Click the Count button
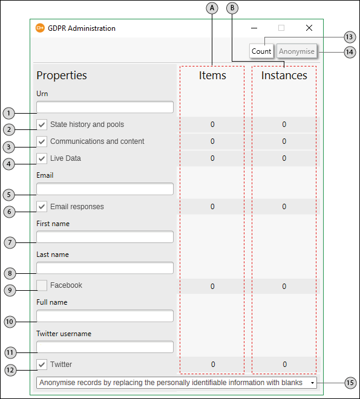[x=261, y=51]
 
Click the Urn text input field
[x=105, y=107]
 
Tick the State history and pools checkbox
[x=42, y=125]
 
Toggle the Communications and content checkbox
[x=42, y=141]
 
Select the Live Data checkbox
[x=42, y=158]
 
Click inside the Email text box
[x=105, y=189]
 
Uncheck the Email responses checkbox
[x=42, y=207]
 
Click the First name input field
[x=105, y=237]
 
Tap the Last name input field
[x=105, y=268]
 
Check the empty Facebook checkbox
[x=42, y=285]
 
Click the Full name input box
[x=105, y=316]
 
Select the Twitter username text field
[x=105, y=347]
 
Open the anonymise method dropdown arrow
[x=312, y=383]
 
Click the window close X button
[x=309, y=28]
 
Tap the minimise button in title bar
[x=254, y=28]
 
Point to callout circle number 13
[x=350, y=37]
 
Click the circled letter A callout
[x=212, y=8]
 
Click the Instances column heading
[x=284, y=76]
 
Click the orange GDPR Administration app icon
[x=40, y=28]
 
